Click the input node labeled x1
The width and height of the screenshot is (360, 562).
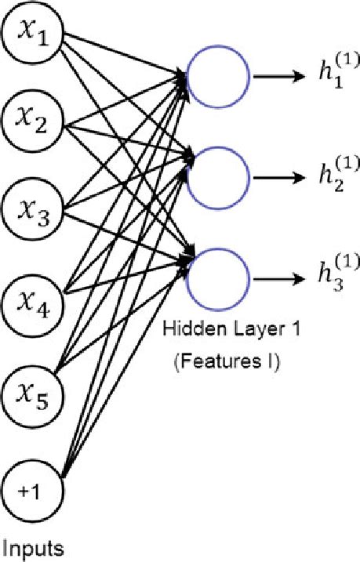point(33,36)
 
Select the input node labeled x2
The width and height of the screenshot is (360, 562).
point(33,123)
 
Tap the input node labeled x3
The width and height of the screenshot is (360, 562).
point(33,209)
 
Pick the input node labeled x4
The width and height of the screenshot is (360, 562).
point(33,296)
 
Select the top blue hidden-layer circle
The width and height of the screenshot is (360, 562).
point(219,77)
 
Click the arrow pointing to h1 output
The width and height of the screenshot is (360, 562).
point(279,77)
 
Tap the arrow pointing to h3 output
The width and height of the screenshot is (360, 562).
point(279,276)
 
